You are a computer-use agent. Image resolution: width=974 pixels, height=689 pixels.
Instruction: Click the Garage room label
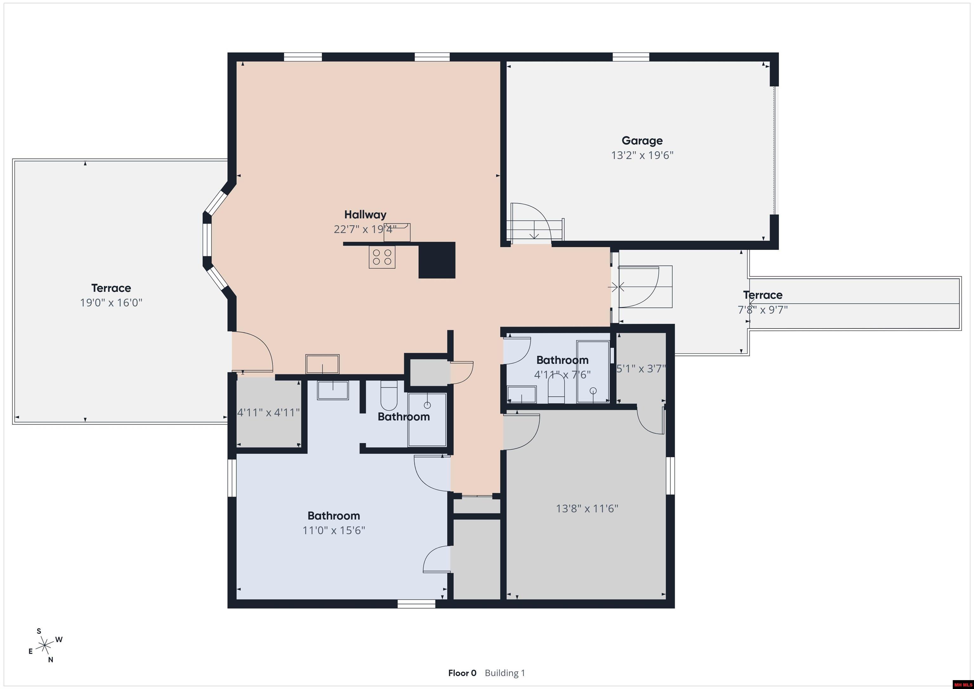(642, 140)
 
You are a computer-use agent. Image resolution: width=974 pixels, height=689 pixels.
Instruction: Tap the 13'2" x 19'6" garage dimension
(642, 155)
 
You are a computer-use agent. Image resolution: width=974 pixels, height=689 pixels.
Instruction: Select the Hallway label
(365, 215)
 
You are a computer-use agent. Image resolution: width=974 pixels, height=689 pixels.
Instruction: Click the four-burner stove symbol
(382, 257)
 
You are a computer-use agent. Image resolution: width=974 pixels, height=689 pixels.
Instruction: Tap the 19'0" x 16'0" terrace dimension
(111, 303)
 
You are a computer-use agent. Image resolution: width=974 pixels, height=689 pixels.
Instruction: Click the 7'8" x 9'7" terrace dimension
(762, 310)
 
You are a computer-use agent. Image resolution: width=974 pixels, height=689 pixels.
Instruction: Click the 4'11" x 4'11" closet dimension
(268, 413)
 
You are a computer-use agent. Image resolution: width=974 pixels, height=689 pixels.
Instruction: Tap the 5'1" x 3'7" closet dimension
(640, 369)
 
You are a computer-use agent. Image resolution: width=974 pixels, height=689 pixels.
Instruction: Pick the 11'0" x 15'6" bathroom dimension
(334, 531)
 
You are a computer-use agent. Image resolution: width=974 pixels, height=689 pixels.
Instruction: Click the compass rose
(44, 646)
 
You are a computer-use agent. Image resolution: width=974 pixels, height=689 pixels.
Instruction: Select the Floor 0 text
(462, 673)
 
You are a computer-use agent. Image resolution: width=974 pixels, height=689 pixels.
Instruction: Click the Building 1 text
(504, 673)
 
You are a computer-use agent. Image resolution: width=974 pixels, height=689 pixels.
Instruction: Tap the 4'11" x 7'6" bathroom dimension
(562, 375)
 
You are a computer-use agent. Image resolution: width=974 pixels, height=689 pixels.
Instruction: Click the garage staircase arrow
(534, 234)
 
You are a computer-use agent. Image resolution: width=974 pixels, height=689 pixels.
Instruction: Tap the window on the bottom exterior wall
(416, 604)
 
